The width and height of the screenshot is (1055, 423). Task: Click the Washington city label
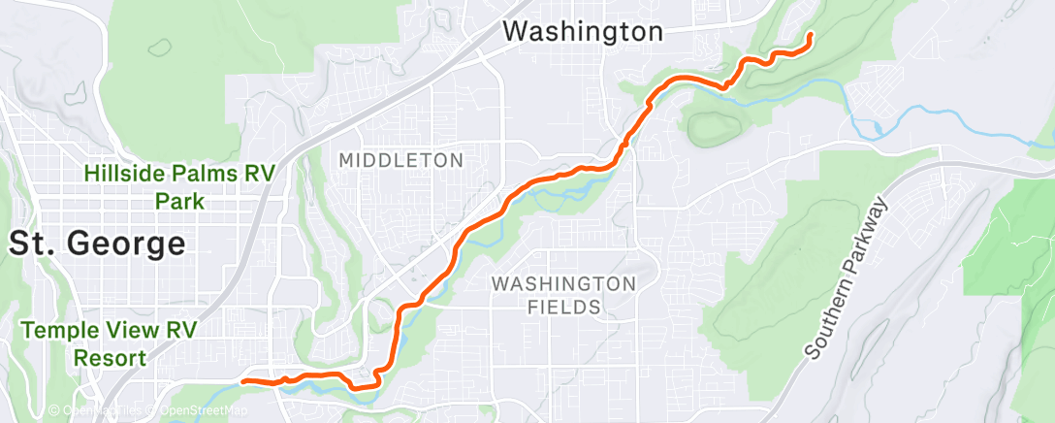583,31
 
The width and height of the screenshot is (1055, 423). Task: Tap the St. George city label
97,244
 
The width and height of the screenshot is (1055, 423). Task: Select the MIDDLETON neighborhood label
401,159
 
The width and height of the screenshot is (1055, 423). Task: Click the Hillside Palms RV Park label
179,187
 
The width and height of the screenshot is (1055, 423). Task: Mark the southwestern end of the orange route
242,381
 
